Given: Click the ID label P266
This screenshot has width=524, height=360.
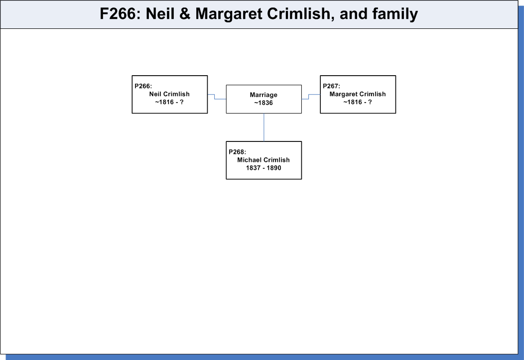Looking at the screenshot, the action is [x=143, y=86].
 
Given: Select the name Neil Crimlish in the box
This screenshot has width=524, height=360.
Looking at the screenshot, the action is [x=169, y=94].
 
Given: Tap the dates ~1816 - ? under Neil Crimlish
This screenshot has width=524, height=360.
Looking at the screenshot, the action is [x=169, y=102].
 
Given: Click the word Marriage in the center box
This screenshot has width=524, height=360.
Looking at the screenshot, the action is [x=263, y=95].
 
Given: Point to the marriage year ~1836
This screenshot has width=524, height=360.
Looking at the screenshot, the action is [x=263, y=103].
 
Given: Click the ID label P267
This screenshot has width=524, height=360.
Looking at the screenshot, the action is [x=332, y=86].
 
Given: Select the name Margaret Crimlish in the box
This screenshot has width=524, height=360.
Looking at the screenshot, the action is [x=358, y=94].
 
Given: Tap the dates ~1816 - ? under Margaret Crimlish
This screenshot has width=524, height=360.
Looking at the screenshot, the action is [x=358, y=102].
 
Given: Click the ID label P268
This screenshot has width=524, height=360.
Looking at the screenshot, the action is [x=237, y=152].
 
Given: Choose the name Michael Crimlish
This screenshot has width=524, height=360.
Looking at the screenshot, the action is [x=263, y=160].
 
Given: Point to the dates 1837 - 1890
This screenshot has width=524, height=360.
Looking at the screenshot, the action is [x=263, y=168].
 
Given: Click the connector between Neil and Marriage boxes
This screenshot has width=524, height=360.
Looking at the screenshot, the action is [x=215, y=97].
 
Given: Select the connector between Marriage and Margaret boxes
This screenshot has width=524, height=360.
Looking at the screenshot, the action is [x=309, y=97].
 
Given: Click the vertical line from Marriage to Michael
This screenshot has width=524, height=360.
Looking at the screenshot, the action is [x=264, y=127].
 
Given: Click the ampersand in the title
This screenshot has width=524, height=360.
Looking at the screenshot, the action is [x=185, y=14].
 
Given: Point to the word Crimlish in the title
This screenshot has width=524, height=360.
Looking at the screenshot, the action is [x=301, y=14].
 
